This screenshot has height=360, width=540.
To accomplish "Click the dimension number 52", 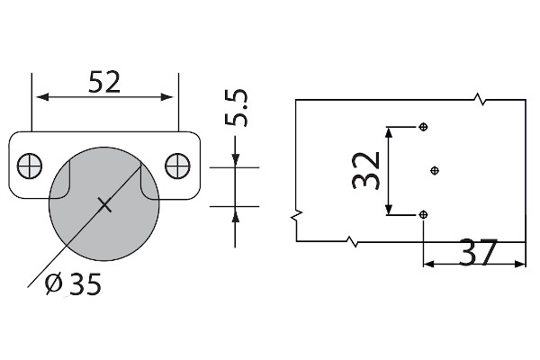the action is pyautogui.click(x=104, y=82).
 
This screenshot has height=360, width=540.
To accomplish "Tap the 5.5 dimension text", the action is pyautogui.click(x=236, y=108).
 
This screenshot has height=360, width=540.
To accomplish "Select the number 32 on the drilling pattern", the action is pyautogui.click(x=366, y=170).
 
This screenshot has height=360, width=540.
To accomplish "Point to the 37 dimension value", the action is pyautogui.click(x=478, y=253).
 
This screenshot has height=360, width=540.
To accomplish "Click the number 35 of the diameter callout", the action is pyautogui.click(x=85, y=284).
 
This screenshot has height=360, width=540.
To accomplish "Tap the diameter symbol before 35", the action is pyautogui.click(x=54, y=283).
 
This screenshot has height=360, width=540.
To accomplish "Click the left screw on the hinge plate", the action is pyautogui.click(x=30, y=166).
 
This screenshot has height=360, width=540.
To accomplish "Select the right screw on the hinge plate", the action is pyautogui.click(x=177, y=166).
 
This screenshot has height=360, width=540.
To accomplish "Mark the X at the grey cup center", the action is pyautogui.click(x=104, y=205).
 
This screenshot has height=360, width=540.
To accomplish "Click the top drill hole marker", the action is pyautogui.click(x=423, y=127).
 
